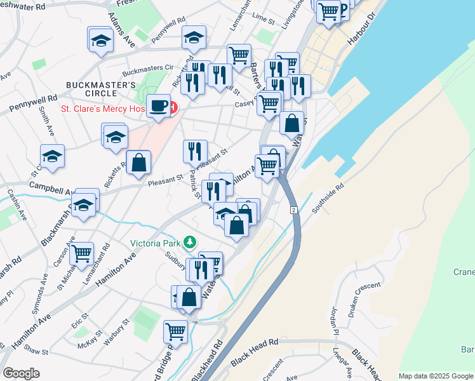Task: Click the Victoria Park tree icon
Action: tap(189, 242)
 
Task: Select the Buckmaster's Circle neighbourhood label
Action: tap(101, 90)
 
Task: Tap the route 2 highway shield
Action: tap(293, 210)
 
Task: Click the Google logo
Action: tap(21, 373)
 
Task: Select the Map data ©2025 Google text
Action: tap(436, 376)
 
